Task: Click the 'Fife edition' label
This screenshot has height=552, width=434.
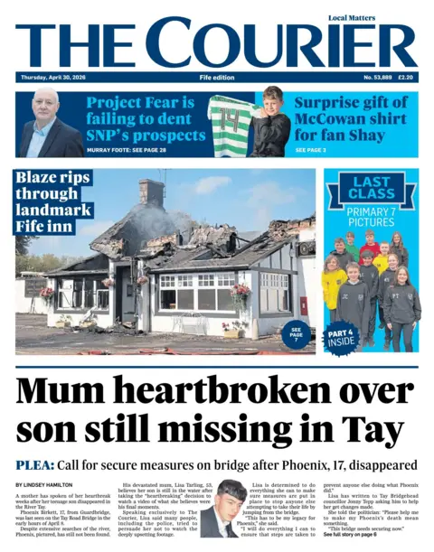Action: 217,79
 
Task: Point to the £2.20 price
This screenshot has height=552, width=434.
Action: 407,79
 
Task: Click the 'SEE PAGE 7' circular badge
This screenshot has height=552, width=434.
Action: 296,334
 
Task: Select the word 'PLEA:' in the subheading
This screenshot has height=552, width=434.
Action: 36,464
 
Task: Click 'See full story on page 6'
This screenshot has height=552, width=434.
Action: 356,536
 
